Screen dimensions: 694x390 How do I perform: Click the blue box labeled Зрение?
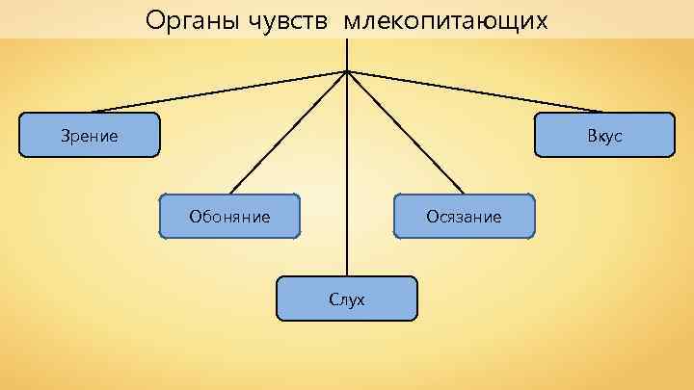[90, 135]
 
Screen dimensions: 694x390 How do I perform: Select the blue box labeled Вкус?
[604, 135]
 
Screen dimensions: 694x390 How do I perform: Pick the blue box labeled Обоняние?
[229, 216]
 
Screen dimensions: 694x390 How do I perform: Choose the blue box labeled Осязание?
[464, 216]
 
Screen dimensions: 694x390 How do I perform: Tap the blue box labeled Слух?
[347, 299]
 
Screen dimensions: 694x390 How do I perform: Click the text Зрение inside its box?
[89, 136]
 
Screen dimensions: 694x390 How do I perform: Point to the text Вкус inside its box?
[604, 136]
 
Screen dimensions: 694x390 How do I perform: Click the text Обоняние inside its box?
[229, 217]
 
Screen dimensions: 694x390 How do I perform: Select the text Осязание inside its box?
[464, 217]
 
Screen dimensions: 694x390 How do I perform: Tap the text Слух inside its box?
[347, 299]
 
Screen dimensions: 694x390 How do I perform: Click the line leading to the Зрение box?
[219, 91]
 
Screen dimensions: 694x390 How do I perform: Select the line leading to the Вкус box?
[475, 91]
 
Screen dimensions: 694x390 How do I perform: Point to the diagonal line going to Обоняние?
[289, 132]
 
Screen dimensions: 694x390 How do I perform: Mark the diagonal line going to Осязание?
[405, 132]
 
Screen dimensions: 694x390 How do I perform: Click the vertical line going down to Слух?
[347, 173]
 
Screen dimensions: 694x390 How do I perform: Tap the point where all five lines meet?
[347, 70]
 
